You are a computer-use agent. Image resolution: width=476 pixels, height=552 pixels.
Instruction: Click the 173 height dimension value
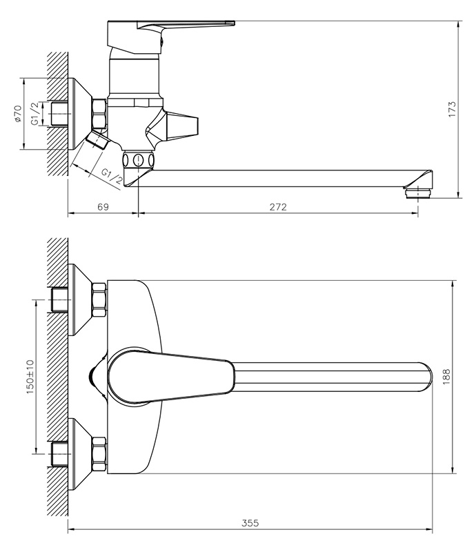pos(452,109)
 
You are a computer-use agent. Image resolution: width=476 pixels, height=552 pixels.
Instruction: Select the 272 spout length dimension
pos(278,207)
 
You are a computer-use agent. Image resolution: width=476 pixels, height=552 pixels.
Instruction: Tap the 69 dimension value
pos(103,207)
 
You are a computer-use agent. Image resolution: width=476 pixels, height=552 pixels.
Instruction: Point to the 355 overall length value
pos(250,523)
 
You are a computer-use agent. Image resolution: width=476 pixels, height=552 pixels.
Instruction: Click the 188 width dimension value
pos(446,377)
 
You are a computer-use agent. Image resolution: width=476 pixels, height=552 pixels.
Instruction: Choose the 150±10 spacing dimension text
pos(30,377)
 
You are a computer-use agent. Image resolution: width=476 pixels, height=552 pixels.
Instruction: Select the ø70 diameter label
pos(18,114)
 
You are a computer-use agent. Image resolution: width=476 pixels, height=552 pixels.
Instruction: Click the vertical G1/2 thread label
pos(35,113)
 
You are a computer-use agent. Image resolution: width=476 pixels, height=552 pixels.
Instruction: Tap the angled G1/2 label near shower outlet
pos(112,177)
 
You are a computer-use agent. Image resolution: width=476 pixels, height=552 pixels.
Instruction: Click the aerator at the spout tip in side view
pos(417,194)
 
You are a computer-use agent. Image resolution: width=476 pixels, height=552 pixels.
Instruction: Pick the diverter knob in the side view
pos(172,126)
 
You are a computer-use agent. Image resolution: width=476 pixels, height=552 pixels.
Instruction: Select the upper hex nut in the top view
pos(99,299)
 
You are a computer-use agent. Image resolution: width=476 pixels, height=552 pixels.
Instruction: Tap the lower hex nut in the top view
pos(99,454)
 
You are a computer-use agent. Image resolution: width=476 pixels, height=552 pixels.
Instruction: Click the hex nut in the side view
pos(99,114)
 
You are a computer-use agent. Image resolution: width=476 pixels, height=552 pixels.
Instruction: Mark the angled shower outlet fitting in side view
pos(97,140)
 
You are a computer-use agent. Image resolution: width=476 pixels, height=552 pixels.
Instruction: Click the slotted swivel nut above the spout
pos(139,159)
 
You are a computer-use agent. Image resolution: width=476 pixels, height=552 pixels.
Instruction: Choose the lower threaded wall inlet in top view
pos(60,454)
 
